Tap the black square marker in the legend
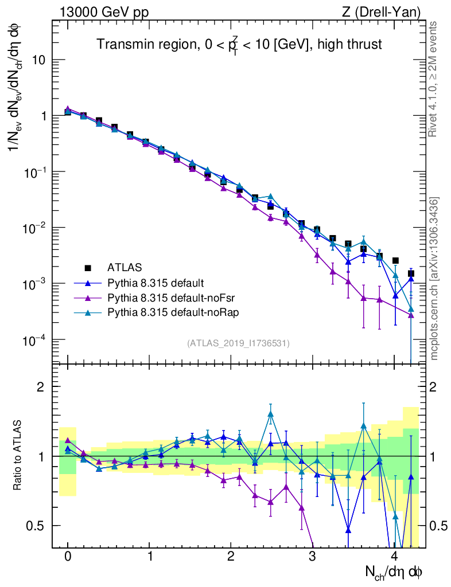point(88,267)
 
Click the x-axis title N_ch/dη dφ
point(394,572)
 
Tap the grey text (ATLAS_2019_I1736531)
point(238,343)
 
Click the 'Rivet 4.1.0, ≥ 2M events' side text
point(434,79)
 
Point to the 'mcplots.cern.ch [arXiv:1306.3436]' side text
point(434,279)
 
